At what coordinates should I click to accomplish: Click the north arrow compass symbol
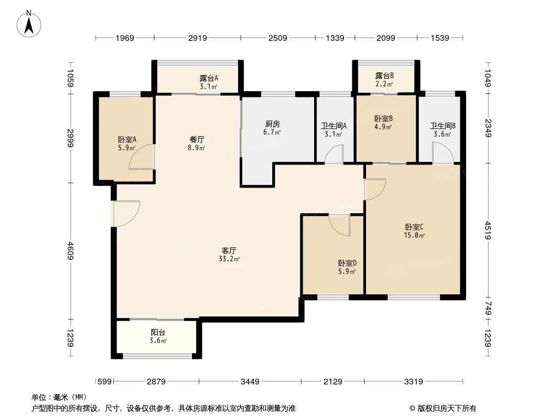30,24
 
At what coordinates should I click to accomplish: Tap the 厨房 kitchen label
273,124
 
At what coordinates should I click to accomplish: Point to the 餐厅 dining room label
197,140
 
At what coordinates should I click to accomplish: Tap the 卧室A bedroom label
127,139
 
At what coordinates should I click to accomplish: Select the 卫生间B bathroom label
443,126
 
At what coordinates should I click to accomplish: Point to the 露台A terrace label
209,78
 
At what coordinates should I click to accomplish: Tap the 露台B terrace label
384,75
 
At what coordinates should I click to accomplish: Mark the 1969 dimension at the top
125,38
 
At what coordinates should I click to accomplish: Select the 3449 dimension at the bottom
250,382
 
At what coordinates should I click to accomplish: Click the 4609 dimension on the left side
71,250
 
